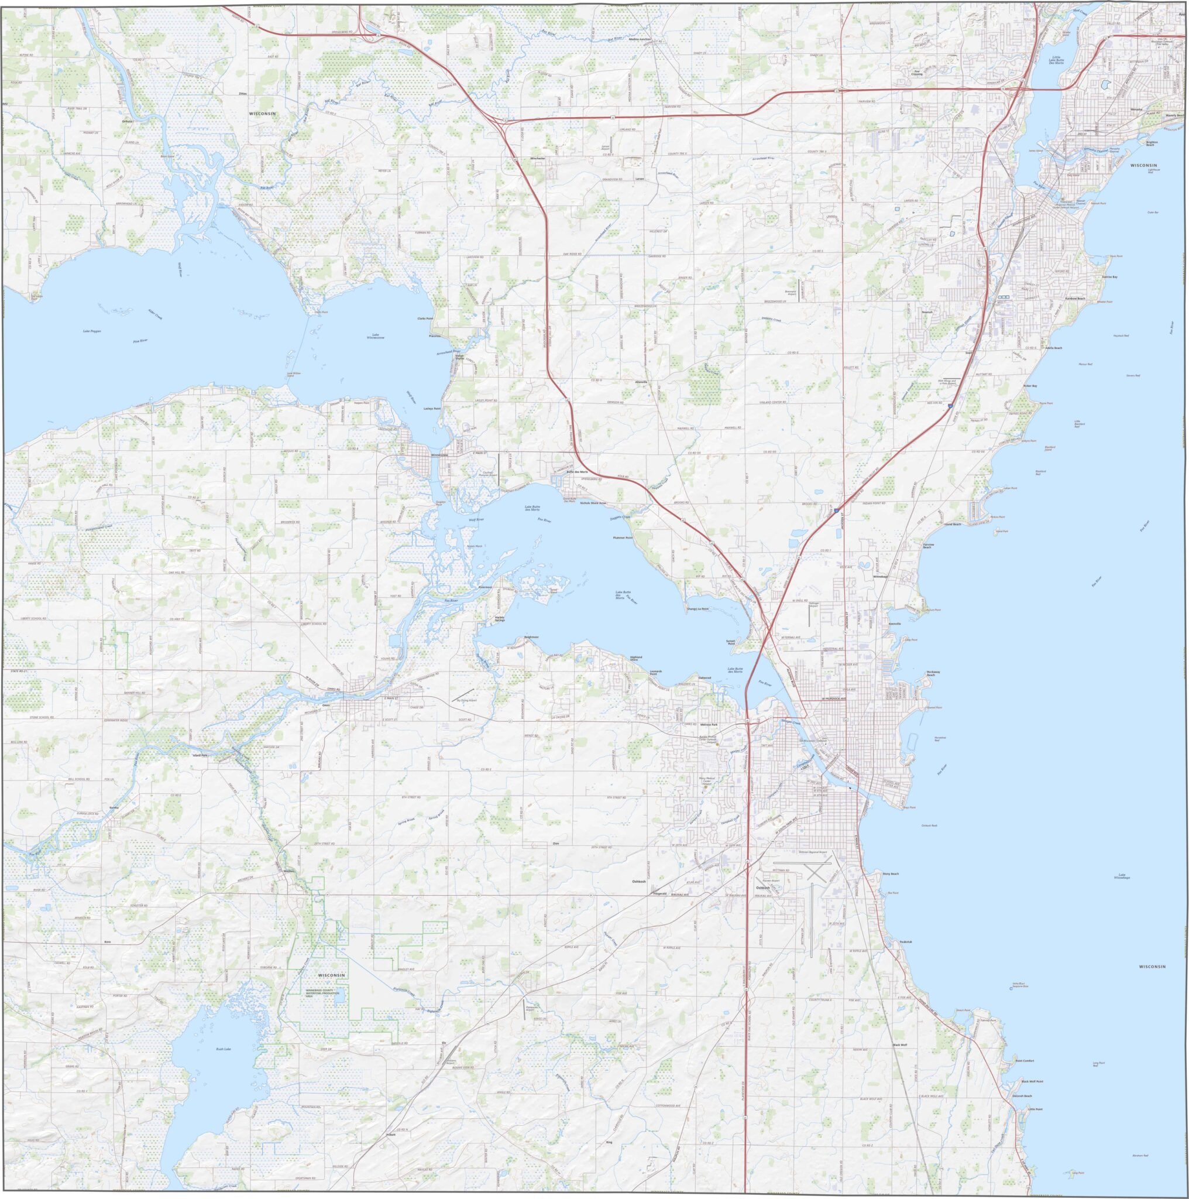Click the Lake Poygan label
click(92, 331)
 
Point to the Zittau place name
click(242, 94)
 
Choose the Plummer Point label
click(622, 537)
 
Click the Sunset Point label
click(730, 641)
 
